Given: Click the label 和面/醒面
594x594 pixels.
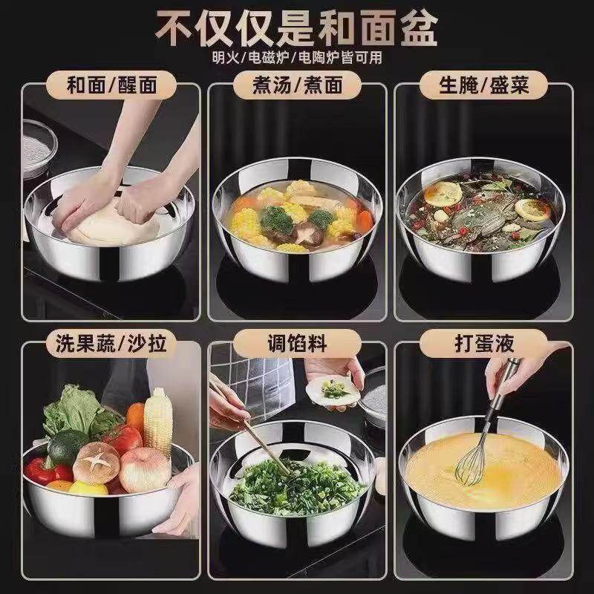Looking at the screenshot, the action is coord(112,85).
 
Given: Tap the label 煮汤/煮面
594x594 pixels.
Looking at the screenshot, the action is coord(298,85).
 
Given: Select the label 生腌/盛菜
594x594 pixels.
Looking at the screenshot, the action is coord(484,85).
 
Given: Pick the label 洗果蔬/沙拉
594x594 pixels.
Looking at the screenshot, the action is coord(111,343).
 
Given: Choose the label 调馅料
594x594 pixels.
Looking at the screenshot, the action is coord(297,343).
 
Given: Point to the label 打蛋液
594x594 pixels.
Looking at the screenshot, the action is coord(484,343).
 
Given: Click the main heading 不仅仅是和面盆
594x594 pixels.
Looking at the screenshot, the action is coord(296,28).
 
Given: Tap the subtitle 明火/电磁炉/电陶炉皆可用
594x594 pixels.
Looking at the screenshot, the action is coord(297,58).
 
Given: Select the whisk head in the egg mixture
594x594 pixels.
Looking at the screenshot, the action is coord(471,466).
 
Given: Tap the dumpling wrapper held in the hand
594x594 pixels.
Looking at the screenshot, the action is coord(333,391).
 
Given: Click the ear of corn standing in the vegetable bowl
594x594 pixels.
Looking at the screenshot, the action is coord(158,421).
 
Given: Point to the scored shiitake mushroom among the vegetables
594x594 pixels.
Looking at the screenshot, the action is coord(97,463).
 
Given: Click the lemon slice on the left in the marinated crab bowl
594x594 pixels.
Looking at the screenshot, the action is coord(443,194).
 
